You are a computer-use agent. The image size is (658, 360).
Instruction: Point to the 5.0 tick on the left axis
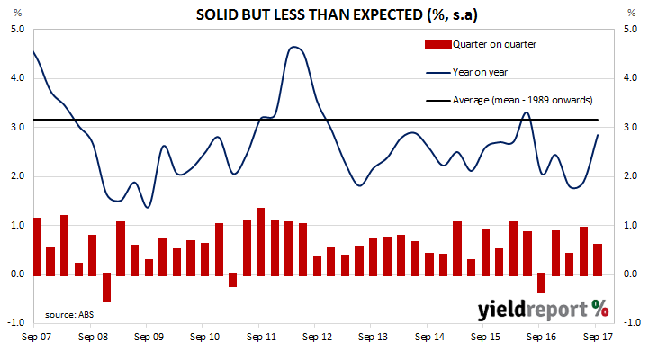[x=17, y=29]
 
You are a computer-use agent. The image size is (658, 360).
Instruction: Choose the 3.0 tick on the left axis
[x=17, y=127]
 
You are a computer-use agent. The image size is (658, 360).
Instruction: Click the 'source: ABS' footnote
[x=70, y=315]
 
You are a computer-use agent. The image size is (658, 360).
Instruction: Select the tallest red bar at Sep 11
[x=261, y=240]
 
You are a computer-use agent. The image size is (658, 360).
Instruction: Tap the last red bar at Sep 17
[x=598, y=258]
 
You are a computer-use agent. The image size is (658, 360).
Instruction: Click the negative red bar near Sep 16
[x=542, y=283]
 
